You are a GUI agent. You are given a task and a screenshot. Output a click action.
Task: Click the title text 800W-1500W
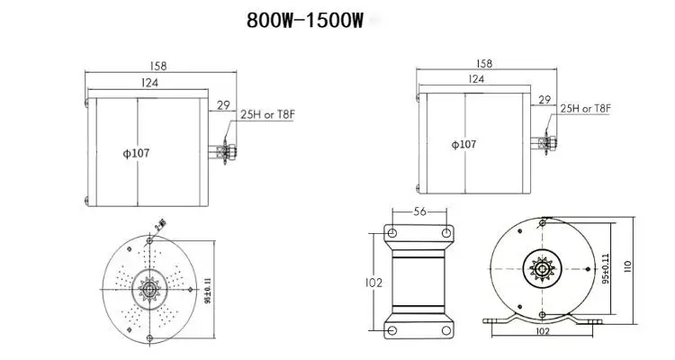coord(304,21)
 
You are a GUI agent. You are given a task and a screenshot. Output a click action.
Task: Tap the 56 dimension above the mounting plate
coord(418,211)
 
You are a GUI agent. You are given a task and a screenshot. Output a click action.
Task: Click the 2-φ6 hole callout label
coord(162,224)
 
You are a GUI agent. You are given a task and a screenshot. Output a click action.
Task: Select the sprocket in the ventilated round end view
coord(148,289)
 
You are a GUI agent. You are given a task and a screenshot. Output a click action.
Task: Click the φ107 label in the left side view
coord(136,153)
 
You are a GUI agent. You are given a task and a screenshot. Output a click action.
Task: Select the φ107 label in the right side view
coord(463,144)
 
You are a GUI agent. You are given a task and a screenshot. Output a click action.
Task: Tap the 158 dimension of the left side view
coord(159,66)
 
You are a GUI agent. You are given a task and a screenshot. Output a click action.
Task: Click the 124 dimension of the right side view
coord(476,79)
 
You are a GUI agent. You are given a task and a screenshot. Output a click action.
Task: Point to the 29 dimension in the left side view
coord(220,106)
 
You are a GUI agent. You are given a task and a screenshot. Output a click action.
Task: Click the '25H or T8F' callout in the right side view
coord(585,108)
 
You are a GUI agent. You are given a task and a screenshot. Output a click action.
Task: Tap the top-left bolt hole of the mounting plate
coord(392,233)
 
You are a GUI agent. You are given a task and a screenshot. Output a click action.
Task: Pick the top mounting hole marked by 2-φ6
coord(148,243)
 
